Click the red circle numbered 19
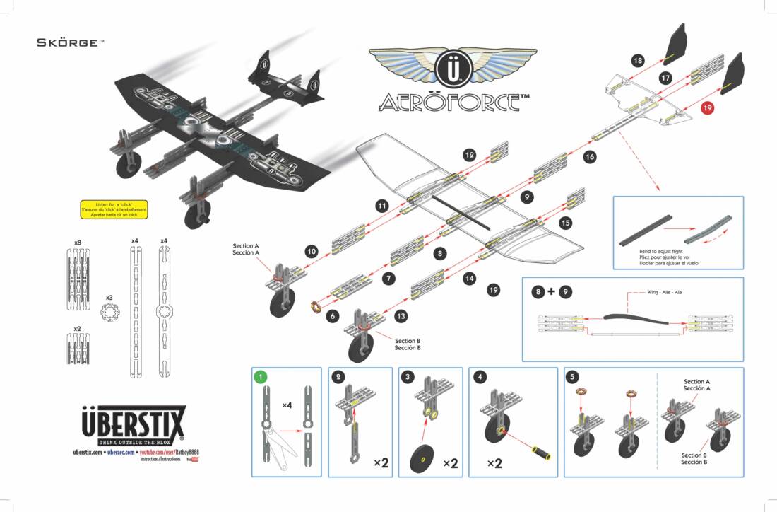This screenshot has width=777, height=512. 708,107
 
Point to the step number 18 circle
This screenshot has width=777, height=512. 638,61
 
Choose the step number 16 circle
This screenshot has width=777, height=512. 590,157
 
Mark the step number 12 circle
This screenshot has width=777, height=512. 470,154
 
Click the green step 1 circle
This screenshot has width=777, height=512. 261,377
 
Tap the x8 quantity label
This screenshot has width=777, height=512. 78,243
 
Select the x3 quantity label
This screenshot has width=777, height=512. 109,297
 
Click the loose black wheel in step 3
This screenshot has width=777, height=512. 423,460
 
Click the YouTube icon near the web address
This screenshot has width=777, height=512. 192,459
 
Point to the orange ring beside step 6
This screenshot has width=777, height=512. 316,307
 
